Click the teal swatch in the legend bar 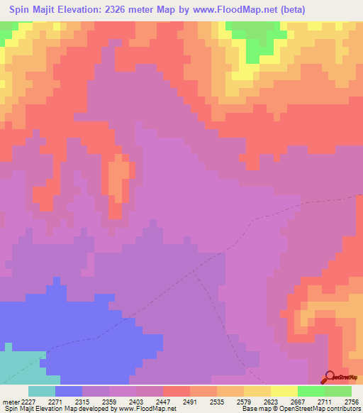pos(42,391)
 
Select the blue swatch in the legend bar pos(69,391)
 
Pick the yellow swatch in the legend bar pos(284,391)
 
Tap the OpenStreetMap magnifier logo pos(330,377)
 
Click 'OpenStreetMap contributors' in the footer pos(315,409)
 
